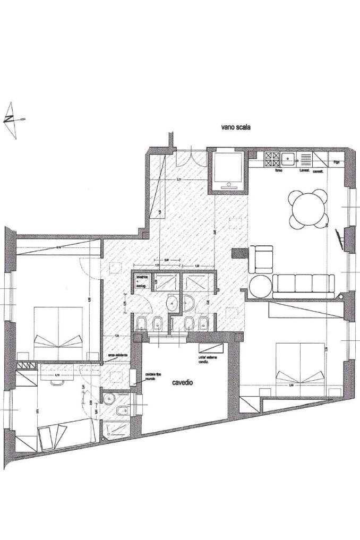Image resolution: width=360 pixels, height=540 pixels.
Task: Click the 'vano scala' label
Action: pyautogui.click(x=235, y=127)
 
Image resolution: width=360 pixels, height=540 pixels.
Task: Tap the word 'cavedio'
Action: pyautogui.click(x=182, y=382)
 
